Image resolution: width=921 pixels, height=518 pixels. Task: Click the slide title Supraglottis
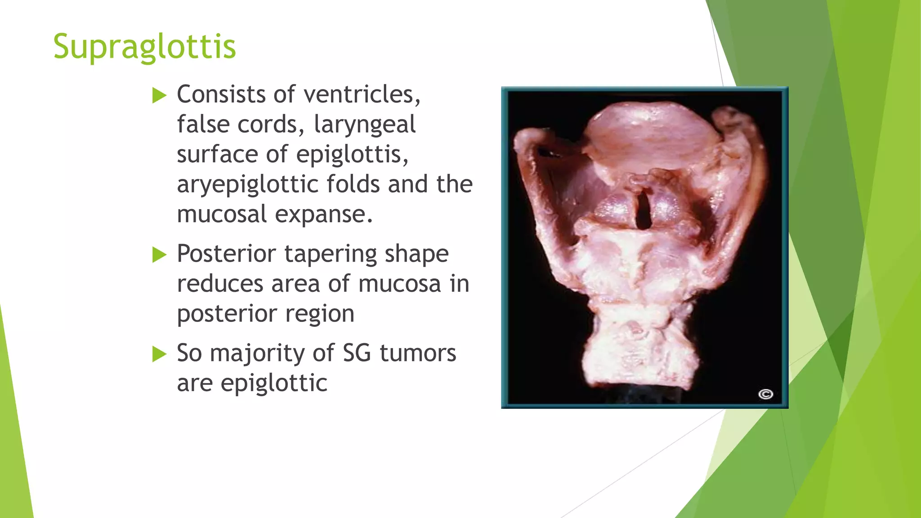pyautogui.click(x=144, y=47)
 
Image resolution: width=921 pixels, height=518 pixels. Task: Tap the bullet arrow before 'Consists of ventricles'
pyautogui.click(x=159, y=95)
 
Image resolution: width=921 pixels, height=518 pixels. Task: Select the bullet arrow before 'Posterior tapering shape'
pyautogui.click(x=159, y=255)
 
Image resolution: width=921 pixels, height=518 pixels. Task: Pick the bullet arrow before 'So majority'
pyautogui.click(x=159, y=354)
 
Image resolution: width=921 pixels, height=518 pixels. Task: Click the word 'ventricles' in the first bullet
pyautogui.click(x=362, y=94)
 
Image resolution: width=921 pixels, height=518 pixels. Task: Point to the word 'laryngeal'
pyautogui.click(x=364, y=125)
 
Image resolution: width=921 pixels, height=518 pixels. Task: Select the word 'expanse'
pyautogui.click(x=323, y=214)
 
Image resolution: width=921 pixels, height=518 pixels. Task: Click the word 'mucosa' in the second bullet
pyautogui.click(x=399, y=284)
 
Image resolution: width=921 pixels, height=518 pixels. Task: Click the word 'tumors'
pyautogui.click(x=418, y=353)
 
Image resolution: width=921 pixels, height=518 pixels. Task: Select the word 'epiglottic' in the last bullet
pyautogui.click(x=274, y=384)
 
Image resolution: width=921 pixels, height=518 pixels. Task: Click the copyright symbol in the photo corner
pyautogui.click(x=765, y=394)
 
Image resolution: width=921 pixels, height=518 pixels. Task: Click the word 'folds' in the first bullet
pyautogui.click(x=353, y=184)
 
